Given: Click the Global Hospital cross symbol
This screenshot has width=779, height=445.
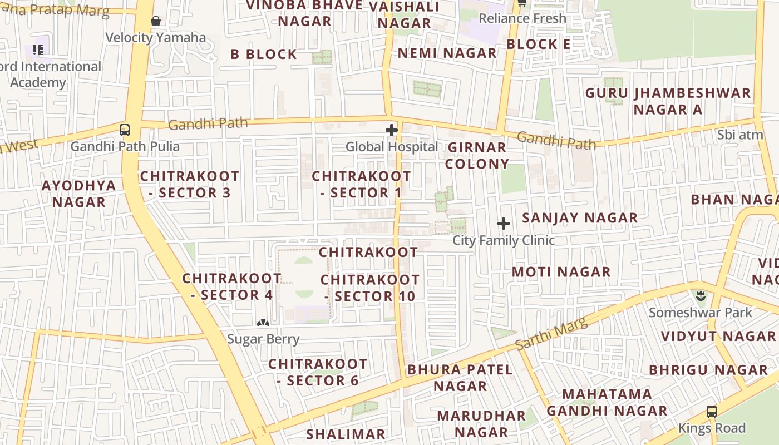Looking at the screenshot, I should tap(392, 130).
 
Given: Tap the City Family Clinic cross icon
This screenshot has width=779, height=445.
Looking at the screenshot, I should tap(504, 224).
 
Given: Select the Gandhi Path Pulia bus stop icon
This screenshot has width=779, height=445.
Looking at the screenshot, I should tap(125, 130).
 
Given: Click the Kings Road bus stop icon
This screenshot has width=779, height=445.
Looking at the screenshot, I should tap(712, 412).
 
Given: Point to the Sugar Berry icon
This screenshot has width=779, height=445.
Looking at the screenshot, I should tap(263, 323).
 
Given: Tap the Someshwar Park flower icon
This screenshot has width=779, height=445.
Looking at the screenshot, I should tap(701, 296).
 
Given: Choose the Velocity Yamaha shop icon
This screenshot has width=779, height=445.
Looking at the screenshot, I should tap(156, 21).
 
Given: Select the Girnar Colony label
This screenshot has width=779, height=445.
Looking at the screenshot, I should tap(477, 156).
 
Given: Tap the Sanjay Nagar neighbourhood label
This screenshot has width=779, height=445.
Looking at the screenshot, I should tap(580, 217).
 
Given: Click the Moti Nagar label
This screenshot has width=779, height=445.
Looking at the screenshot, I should tap(561, 272).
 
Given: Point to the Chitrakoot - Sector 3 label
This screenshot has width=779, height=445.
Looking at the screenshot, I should tap(189, 185).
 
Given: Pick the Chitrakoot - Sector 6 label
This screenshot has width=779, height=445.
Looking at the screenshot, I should tap(318, 372).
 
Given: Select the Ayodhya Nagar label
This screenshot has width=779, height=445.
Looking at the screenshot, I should tap(79, 194).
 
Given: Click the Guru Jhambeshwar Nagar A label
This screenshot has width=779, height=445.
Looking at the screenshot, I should tap(668, 101).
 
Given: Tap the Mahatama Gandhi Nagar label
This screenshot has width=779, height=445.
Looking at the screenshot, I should tap(607, 403).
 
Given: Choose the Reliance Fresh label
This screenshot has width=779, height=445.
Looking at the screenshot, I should tap(522, 18).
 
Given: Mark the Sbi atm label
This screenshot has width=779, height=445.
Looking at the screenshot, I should tap(740, 135).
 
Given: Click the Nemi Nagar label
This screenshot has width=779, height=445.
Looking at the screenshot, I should tap(447, 53).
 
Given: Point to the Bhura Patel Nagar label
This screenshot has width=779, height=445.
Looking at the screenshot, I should tap(460, 378).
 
